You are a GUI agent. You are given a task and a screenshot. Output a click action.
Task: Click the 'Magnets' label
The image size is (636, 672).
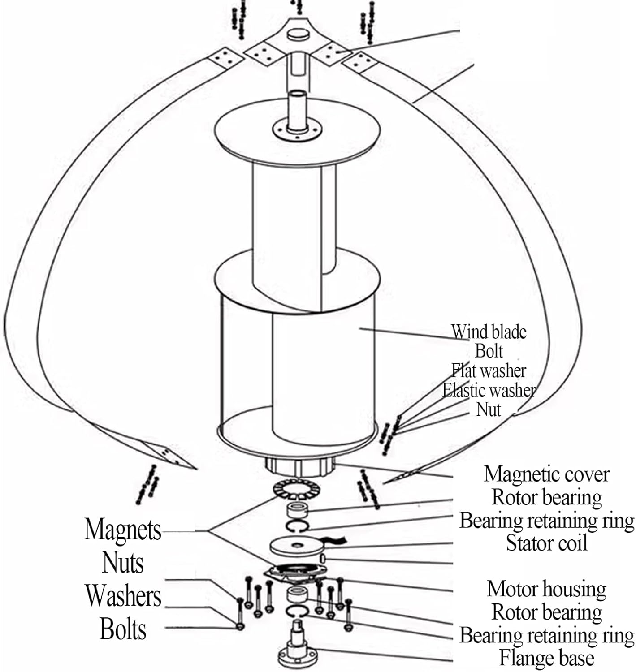pos(122,530)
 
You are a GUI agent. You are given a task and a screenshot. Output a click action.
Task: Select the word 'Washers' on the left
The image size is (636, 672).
pos(123,596)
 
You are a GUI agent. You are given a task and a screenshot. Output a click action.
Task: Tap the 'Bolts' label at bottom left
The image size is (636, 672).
pos(123,629)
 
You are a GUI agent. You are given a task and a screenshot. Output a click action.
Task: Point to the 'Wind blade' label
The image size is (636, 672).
pos(489,332)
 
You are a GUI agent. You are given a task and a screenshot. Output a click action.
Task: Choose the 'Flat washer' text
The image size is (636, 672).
pos(489,371)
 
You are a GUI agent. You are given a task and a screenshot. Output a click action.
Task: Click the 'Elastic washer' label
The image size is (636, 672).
pos(489,390)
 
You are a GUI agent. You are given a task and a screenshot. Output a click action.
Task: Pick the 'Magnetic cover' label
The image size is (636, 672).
pos(547,474)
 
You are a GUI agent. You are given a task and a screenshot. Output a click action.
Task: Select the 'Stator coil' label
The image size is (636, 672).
pos(546,543)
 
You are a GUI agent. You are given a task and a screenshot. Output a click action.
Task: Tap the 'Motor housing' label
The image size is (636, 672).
pos(546,589)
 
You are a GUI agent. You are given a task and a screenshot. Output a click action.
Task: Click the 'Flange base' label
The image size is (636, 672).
pos(546,658)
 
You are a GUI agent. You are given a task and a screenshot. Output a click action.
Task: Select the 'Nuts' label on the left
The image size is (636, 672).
pos(123,563)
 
